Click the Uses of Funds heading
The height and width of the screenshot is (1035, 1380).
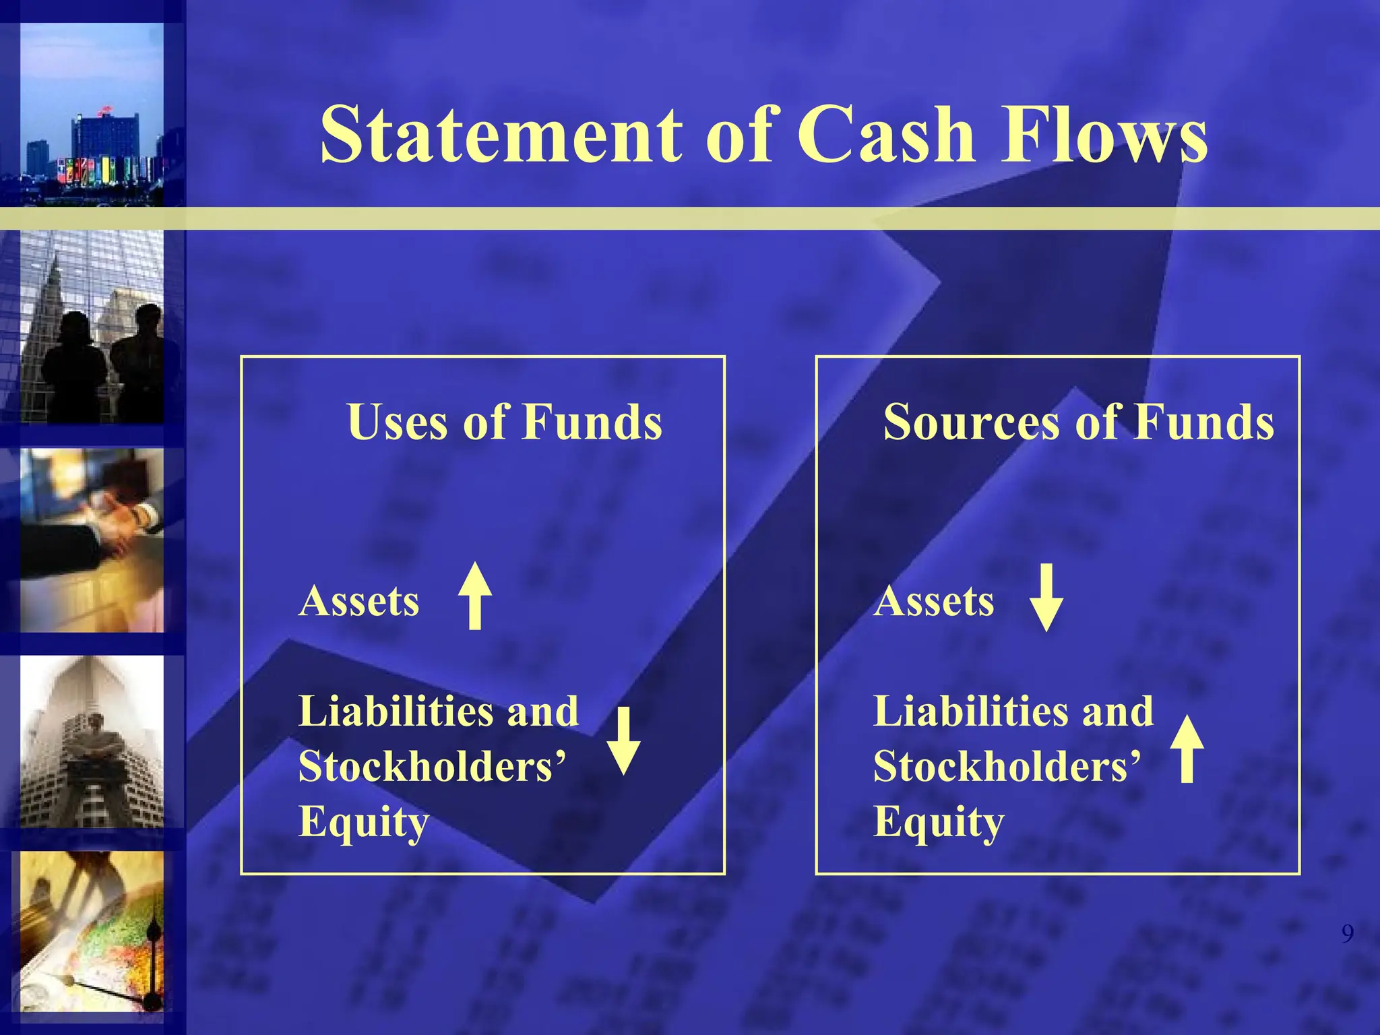click(505, 422)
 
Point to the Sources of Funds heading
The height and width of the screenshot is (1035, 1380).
click(1078, 422)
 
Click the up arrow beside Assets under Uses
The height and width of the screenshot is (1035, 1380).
click(475, 596)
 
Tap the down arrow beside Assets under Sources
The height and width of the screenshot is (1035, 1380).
click(1046, 598)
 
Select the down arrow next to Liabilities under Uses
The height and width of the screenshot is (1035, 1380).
click(624, 741)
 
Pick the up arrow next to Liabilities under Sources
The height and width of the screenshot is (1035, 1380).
click(1187, 749)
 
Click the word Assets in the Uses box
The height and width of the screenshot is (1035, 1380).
click(359, 601)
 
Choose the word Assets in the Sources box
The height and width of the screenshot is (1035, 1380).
click(934, 601)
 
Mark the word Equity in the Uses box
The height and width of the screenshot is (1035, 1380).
click(364, 823)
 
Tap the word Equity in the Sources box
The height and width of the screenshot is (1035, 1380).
click(939, 823)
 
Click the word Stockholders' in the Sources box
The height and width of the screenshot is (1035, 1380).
click(1007, 767)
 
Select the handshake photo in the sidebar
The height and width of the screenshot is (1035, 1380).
click(92, 540)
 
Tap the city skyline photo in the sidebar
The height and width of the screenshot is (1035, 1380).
click(92, 115)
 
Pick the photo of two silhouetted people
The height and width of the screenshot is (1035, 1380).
click(92, 327)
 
